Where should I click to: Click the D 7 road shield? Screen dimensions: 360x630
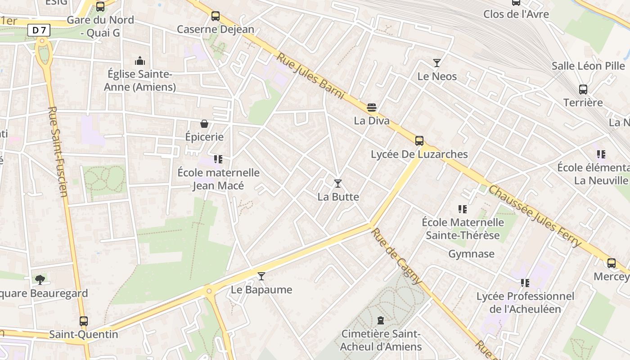pos(39,31)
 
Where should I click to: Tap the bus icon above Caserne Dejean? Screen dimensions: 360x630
pos(216,16)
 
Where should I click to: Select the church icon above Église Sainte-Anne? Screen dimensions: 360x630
pos(140,60)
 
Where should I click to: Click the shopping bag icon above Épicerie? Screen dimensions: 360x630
pos(204,124)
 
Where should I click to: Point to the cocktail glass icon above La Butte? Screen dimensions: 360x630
pos(338,184)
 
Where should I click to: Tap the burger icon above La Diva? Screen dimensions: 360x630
pos(372,108)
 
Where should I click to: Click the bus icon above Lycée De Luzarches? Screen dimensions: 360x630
pos(419,141)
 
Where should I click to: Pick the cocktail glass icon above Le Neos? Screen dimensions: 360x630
pos(436,63)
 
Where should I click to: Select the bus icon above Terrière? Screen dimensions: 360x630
pos(583,90)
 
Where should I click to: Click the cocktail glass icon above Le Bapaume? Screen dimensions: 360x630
pos(261,276)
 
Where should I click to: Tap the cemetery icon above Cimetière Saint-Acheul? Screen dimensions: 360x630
pos(381,321)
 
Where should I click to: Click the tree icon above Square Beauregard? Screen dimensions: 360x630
pos(40,280)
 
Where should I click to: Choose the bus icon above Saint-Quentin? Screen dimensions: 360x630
pos(84,321)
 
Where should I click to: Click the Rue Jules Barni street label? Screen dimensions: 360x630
pos(310,76)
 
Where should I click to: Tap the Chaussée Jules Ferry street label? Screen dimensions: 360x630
pos(535,216)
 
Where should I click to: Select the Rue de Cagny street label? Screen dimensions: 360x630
pos(396,256)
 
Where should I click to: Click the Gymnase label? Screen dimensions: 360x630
pos(471,254)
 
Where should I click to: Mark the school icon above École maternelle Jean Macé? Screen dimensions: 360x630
pos(218,159)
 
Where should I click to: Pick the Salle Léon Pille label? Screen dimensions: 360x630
pos(588,66)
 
